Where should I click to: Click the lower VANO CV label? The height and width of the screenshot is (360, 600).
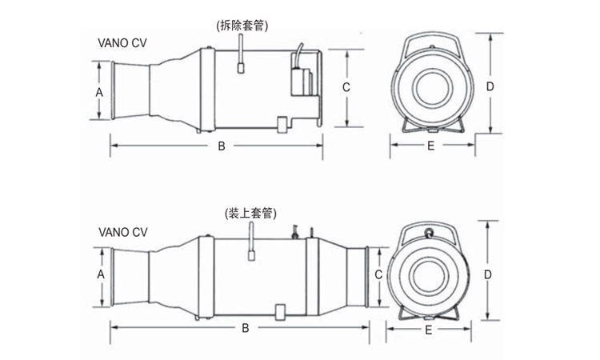tap(122, 232)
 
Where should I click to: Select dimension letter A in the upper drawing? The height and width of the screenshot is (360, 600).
tap(99, 92)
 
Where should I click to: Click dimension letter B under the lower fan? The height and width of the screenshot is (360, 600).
tap(246, 329)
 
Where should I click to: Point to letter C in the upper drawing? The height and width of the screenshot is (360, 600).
tap(346, 87)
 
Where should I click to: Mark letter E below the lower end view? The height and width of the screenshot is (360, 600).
tap(428, 329)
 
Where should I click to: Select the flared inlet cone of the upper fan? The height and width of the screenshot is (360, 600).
tap(132, 90)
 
